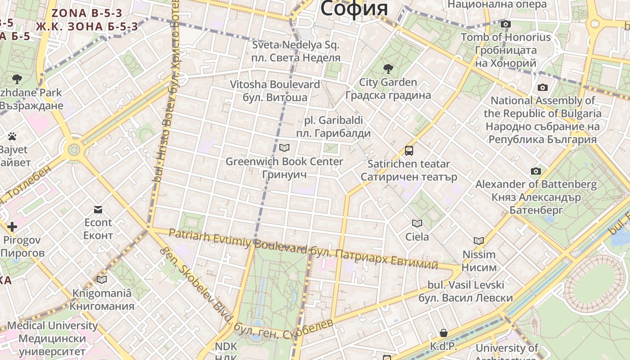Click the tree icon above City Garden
pos(388,69)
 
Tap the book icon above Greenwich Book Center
pos(284,148)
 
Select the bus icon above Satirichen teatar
pos(409,151)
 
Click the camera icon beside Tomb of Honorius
pos(506,24)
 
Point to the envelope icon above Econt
pos(98,209)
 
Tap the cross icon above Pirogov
pos(12,227)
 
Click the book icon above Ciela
pos(417,223)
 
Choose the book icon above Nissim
pos(479,241)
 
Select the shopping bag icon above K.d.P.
pos(444,333)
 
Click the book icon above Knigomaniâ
pos(102,280)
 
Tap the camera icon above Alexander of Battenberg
pos(535,171)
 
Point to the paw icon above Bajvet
pos(12,136)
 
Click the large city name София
pos(354,9)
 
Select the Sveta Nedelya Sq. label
pos(296,45)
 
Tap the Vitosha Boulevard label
pos(275,85)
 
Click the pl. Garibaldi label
pos(333,121)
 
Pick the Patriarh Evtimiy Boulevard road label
pos(238,240)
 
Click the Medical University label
pos(52,325)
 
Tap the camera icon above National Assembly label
pos(543,87)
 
